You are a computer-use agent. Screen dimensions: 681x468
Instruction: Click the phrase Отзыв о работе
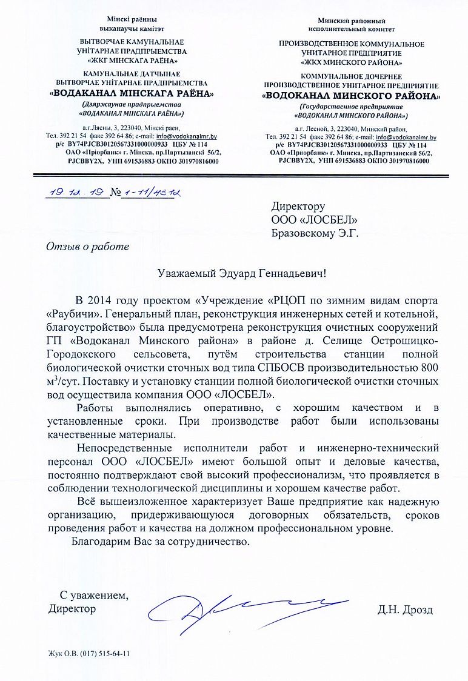88,247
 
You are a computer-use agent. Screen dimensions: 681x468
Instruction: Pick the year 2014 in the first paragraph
100,301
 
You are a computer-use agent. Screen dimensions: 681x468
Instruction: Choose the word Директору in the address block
298,206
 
